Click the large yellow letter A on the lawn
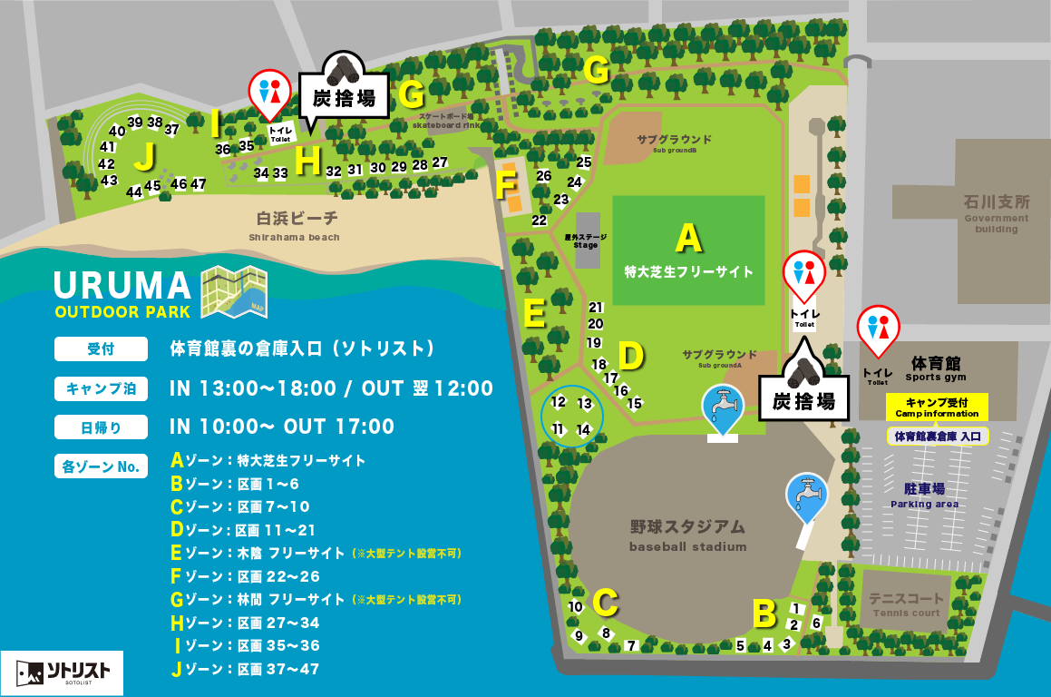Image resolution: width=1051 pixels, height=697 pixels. point(689,238)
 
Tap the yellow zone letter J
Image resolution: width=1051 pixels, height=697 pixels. point(143,156)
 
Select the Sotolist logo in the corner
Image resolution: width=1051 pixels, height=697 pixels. point(62,672)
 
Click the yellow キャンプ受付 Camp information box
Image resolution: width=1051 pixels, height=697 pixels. point(937,407)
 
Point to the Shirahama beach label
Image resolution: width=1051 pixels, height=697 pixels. point(297,224)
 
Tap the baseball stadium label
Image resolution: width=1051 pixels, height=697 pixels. point(687,535)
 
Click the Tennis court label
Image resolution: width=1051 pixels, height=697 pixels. point(906,604)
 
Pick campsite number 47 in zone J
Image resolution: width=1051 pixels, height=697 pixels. point(198,184)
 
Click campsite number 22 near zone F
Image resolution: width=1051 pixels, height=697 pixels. point(540,221)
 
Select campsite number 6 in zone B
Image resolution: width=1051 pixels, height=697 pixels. point(816,623)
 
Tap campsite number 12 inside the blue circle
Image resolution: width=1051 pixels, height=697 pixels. point(559,401)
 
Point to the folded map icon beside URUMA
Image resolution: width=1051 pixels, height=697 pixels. point(233,291)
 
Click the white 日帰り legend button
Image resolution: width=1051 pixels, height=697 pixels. point(101,427)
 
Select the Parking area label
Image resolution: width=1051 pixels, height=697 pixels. point(924,495)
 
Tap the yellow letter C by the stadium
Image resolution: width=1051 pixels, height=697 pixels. point(605,601)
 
